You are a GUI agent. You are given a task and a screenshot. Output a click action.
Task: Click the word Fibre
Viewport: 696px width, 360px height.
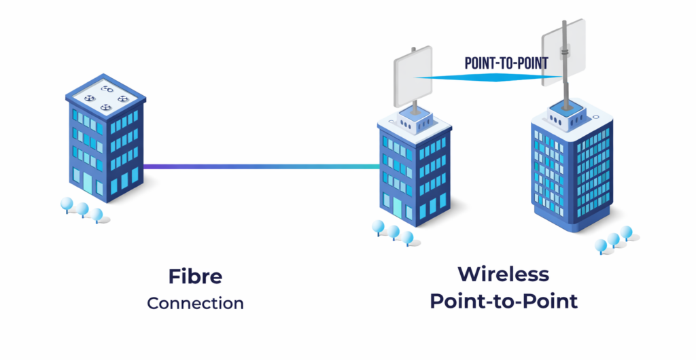tap(195, 276)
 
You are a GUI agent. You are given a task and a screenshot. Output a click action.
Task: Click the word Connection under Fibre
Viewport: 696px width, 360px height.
tap(195, 303)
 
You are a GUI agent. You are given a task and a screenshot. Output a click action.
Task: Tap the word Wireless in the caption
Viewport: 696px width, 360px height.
tap(503, 274)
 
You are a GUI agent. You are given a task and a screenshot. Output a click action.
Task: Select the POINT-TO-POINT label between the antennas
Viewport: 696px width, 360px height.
tap(506, 63)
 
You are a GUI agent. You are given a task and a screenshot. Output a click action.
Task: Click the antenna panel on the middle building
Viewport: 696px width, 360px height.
tap(413, 77)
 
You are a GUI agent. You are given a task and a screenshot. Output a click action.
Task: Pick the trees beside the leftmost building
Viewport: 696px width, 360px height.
tap(82, 209)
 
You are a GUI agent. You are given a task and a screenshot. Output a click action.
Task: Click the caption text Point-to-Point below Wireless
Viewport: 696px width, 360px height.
tap(503, 301)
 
